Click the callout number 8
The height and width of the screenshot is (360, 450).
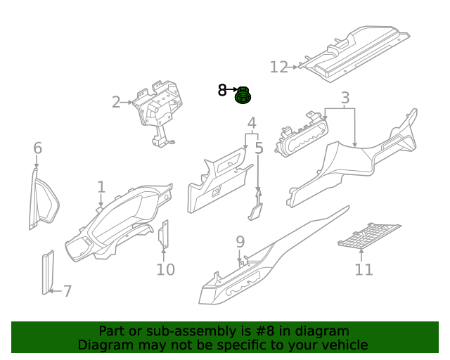222,90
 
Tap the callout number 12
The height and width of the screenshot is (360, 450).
279,67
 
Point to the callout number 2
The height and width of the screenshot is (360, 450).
116,103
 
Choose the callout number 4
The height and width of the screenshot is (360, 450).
251,124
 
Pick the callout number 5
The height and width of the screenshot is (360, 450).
259,148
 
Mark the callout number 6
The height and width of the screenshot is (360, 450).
37,148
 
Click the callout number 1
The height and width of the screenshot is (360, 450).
101,187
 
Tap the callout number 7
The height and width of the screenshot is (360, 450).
67,291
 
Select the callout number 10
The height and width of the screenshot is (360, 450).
165,269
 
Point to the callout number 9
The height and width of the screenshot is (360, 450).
240,242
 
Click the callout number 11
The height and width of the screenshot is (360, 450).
364,269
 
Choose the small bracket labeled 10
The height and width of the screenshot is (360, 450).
165,235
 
